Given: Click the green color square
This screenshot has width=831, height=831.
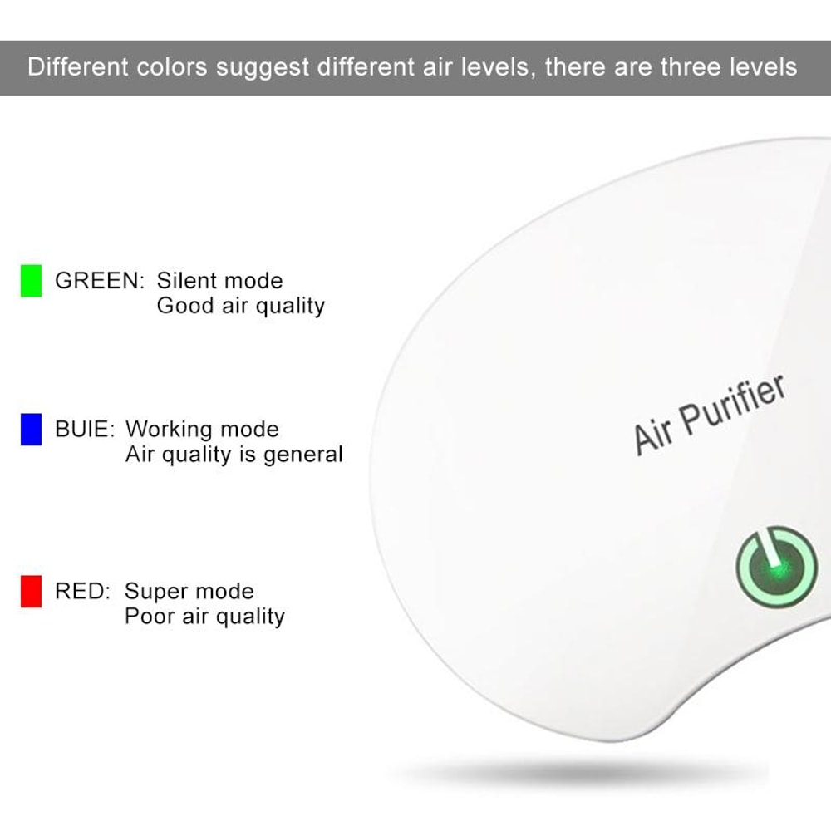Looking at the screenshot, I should pos(31,280).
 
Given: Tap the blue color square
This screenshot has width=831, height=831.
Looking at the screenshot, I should pos(31,429).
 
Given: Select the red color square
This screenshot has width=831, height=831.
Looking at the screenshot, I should pos(31,592).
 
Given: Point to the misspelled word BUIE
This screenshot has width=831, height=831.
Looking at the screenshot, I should pos(82,430).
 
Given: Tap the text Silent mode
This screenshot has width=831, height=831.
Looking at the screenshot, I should pos(219,281).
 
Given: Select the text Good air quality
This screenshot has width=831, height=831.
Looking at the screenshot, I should pos(240,306).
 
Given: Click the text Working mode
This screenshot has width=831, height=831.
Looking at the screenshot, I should pos(202,430).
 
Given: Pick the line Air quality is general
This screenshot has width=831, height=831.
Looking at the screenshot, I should pos(234,455).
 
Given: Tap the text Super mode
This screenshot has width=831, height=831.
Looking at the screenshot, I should pos(189,592).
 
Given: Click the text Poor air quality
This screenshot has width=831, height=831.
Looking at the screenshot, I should pos(204,617).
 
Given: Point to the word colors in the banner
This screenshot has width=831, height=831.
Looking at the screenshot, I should pos(171,66).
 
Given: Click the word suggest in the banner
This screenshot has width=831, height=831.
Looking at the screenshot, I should pos(263,67).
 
